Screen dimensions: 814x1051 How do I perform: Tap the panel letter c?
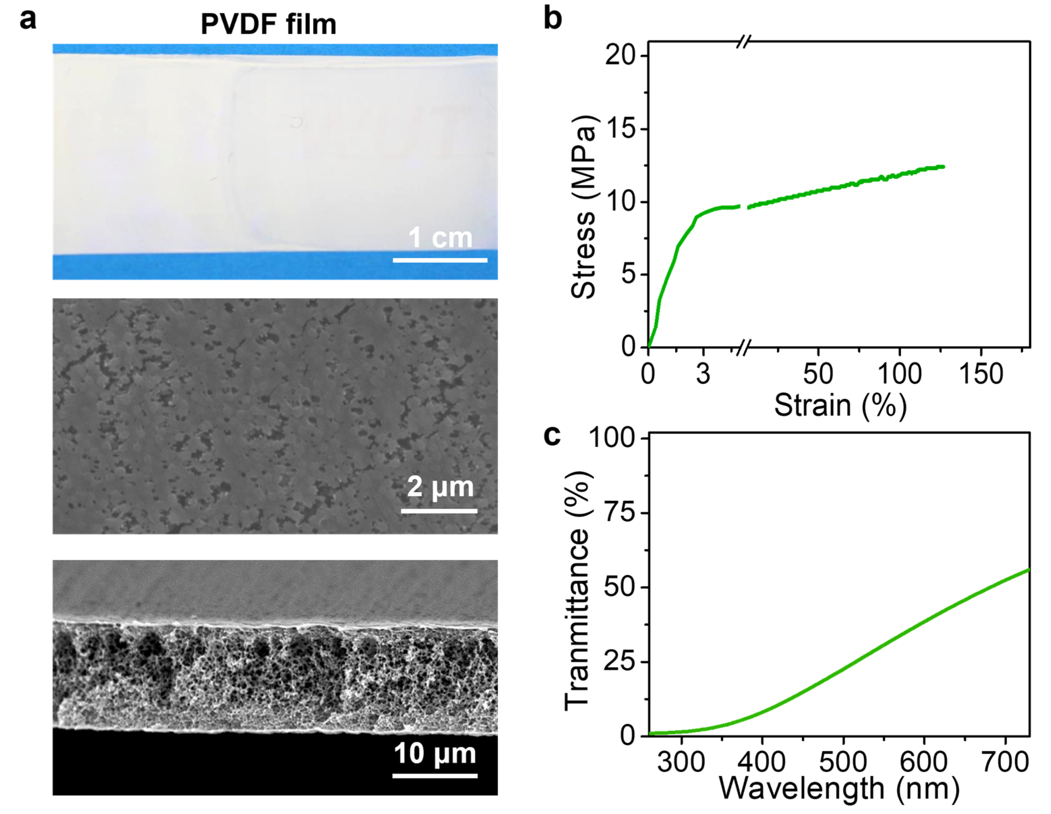pos(552,435)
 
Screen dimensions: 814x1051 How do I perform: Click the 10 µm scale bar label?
pos(435,753)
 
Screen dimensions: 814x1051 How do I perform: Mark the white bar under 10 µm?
pos(435,776)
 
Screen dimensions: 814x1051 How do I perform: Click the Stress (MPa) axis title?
pos(583,207)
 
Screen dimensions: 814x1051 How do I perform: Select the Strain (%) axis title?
pos(840,405)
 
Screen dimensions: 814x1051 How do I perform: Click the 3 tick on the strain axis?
pos(703,374)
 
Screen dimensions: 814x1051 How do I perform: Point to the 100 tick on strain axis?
pos(899,374)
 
